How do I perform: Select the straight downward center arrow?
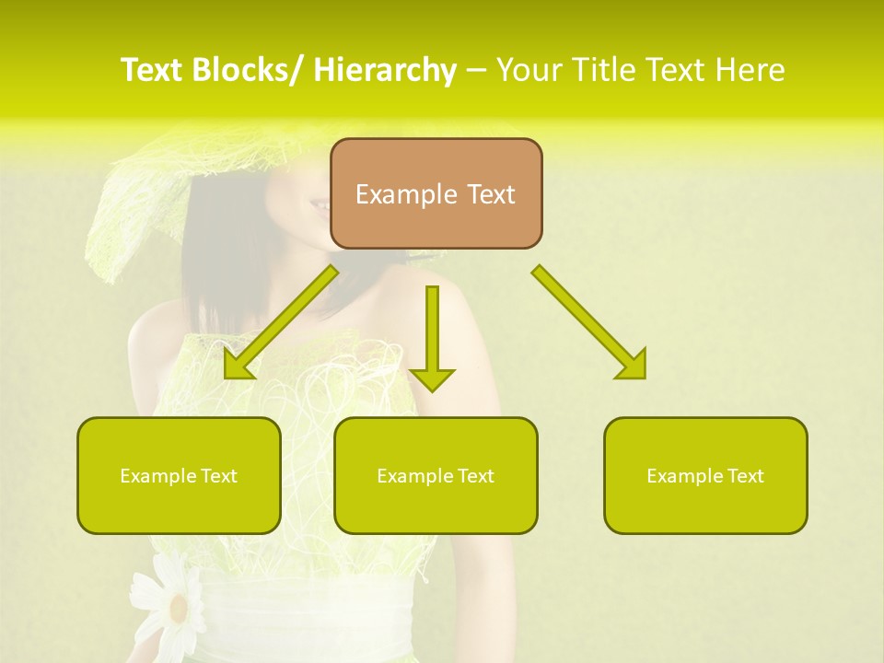point(432,331)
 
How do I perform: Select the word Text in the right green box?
point(745,476)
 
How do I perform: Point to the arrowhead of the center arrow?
point(432,378)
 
